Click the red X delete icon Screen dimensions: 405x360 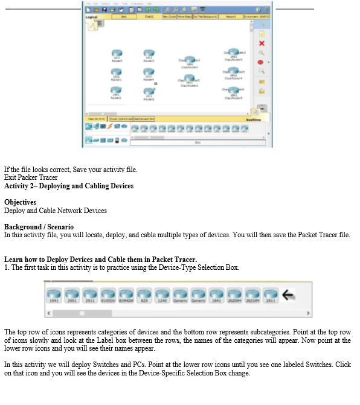coord(261,43)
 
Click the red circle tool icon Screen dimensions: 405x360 coord(261,62)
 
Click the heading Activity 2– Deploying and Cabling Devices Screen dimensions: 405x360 coord(69,186)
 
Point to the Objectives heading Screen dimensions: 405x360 coord(20,202)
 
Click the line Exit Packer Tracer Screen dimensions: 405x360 coord(31,177)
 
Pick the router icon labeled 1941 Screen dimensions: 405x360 coord(54,295)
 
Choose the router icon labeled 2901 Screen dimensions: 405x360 coord(72,295)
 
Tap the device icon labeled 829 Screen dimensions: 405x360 coord(144,295)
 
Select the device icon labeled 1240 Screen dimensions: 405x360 coord(162,295)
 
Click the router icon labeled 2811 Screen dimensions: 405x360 coord(270,295)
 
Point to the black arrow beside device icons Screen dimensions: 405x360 coord(289,295)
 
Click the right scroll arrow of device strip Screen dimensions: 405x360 coord(309,313)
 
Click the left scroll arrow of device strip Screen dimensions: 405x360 coord(48,313)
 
